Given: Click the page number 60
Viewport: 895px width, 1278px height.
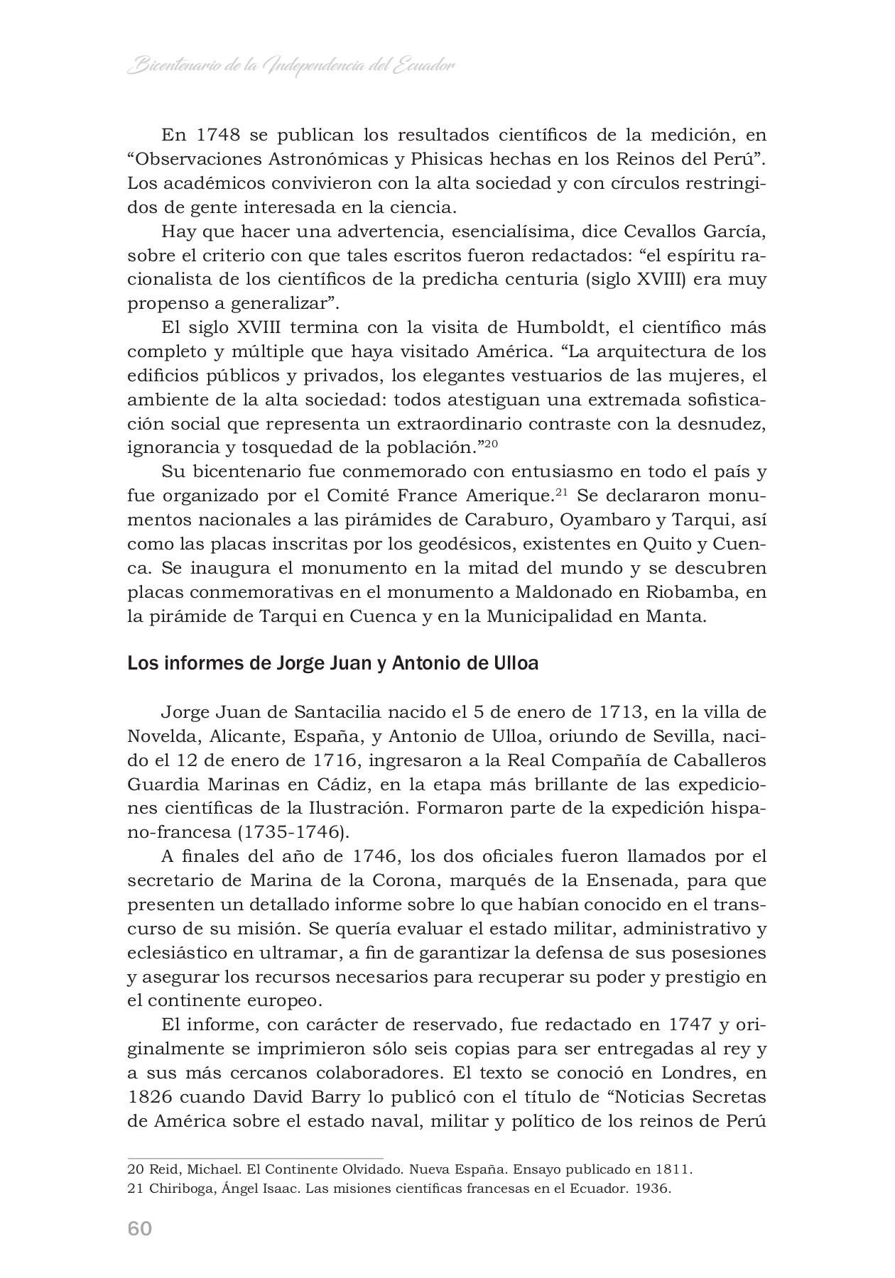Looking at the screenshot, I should (140, 1228).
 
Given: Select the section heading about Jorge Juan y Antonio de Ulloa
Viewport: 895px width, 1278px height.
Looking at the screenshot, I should (332, 664).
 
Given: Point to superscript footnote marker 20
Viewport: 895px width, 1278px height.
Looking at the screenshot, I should (489, 444).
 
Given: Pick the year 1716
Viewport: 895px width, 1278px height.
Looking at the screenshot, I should (338, 760).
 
